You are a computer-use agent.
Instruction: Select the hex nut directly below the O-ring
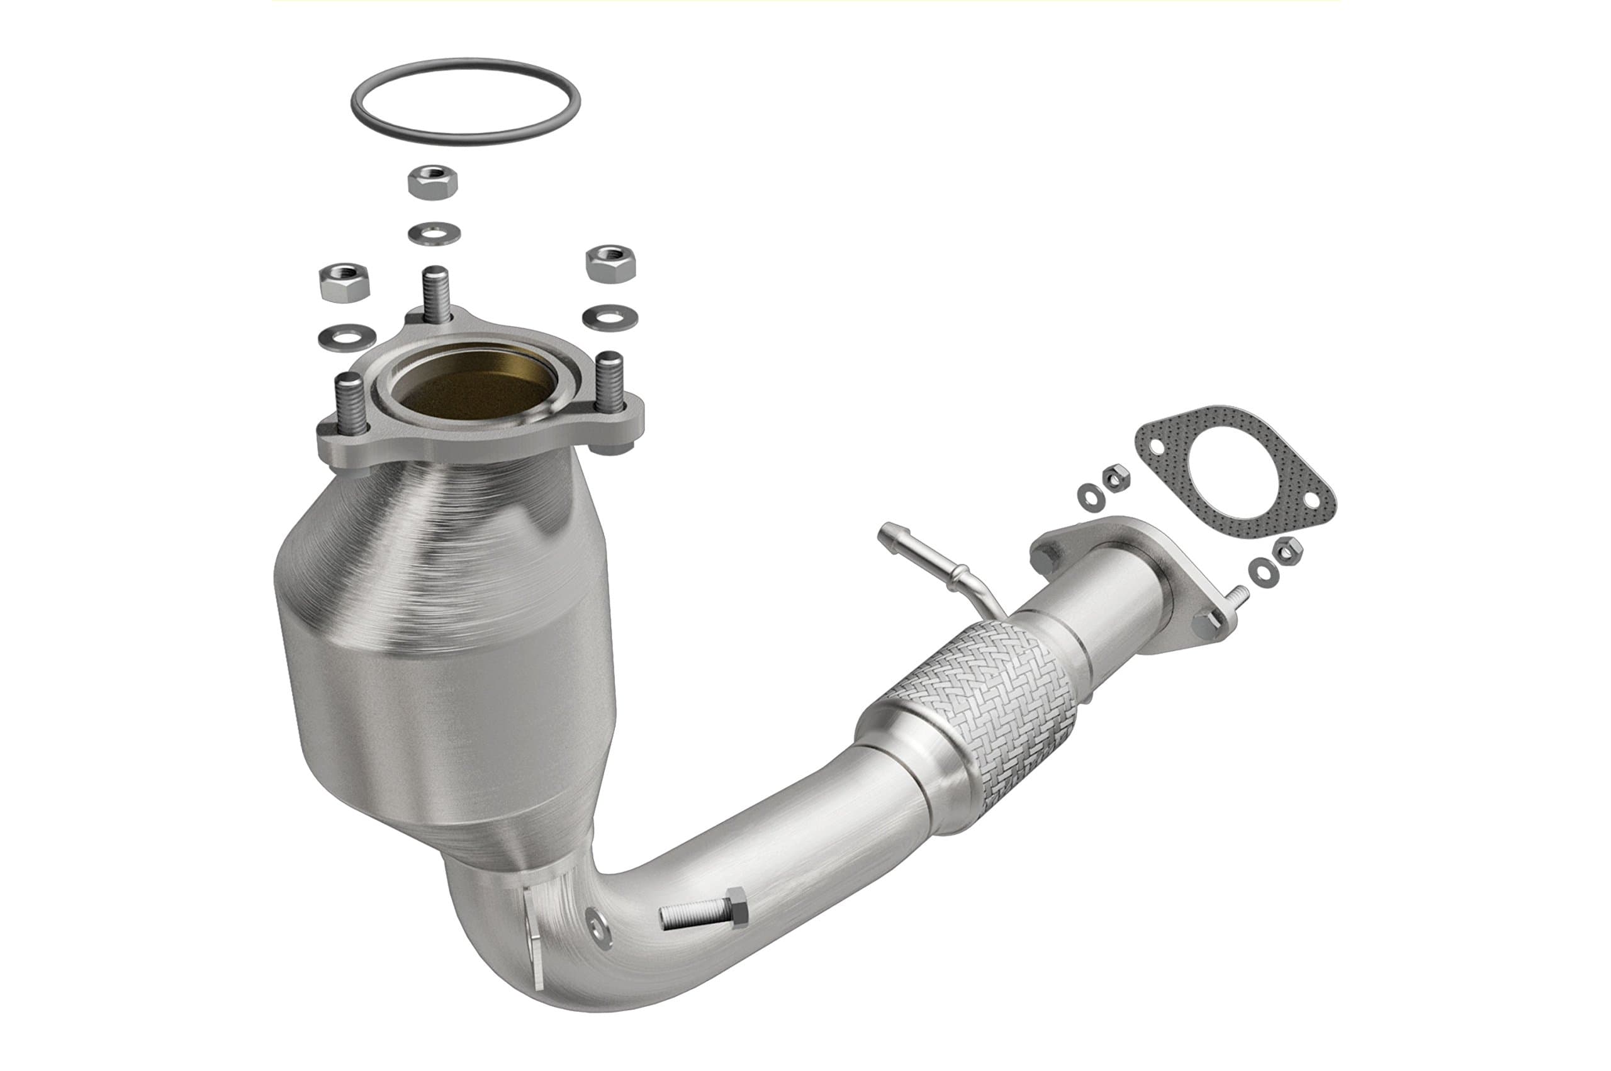(433, 182)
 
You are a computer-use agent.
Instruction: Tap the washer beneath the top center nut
(434, 234)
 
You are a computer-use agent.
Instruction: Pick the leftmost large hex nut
(344, 282)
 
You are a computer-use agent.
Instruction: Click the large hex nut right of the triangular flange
(610, 263)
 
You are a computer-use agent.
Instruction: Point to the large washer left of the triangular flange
(346, 336)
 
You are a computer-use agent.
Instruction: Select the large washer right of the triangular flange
(610, 318)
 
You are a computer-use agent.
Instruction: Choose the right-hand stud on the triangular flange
(609, 381)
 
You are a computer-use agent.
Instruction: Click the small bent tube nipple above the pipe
(936, 561)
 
